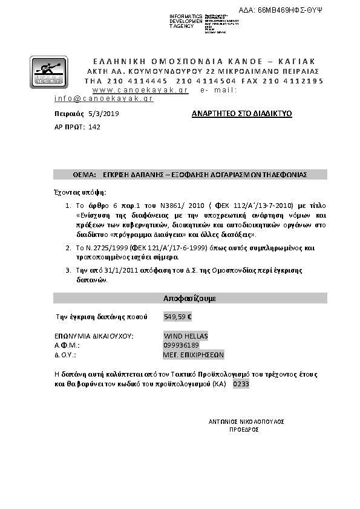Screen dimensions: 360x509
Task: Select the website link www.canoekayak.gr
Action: point(145,89)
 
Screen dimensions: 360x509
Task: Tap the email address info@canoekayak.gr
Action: point(103,98)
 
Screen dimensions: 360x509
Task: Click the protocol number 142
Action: point(94,127)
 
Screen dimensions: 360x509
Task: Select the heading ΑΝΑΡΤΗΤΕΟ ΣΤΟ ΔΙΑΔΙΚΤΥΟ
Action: point(241,113)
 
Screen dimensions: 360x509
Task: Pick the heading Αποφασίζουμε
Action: point(190,299)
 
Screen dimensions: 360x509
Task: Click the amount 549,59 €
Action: point(177,316)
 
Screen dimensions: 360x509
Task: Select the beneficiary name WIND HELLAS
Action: point(186,336)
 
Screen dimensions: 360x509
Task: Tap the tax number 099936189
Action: point(182,346)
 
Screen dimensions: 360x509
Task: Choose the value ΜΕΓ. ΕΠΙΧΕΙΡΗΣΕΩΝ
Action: point(194,355)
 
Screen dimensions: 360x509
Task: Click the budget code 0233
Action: point(241,384)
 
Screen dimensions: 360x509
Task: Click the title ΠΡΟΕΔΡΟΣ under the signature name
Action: point(244,429)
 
